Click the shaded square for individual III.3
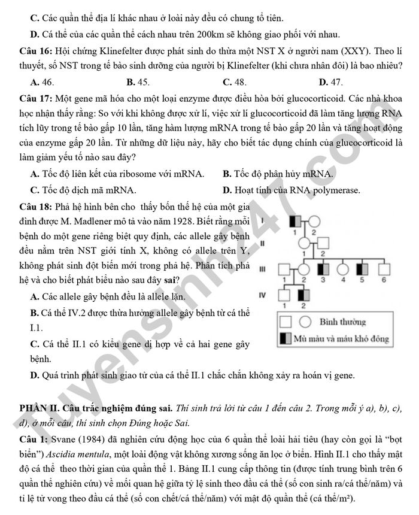point(323,269)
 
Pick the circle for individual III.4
point(344,269)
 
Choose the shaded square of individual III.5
point(363,269)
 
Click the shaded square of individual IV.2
point(305,295)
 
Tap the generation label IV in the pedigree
point(262,295)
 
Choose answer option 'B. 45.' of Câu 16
point(138,82)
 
